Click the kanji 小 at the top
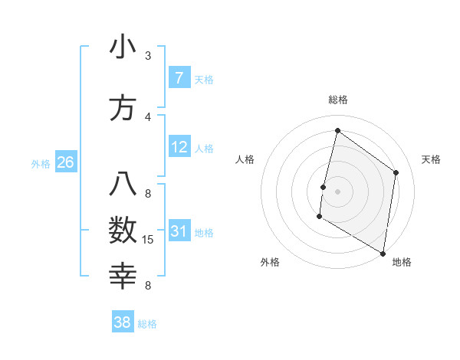[x=123, y=47]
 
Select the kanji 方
[x=123, y=108]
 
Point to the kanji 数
[x=123, y=230]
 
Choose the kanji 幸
[x=123, y=275]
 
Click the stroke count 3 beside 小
[x=148, y=56]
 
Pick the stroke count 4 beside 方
[x=148, y=116]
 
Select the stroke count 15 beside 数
[x=148, y=240]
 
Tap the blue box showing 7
[x=179, y=77]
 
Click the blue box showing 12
[x=179, y=147]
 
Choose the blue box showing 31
[x=179, y=231]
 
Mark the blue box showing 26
[x=65, y=162]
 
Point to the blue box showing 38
[x=122, y=322]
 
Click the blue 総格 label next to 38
[x=147, y=324]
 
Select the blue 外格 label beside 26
[x=41, y=163]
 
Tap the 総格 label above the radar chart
[x=337, y=100]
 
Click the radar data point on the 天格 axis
[x=396, y=172]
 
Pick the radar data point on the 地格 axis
[x=383, y=253]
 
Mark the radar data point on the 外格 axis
[x=319, y=217]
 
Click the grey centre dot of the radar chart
[x=337, y=191]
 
